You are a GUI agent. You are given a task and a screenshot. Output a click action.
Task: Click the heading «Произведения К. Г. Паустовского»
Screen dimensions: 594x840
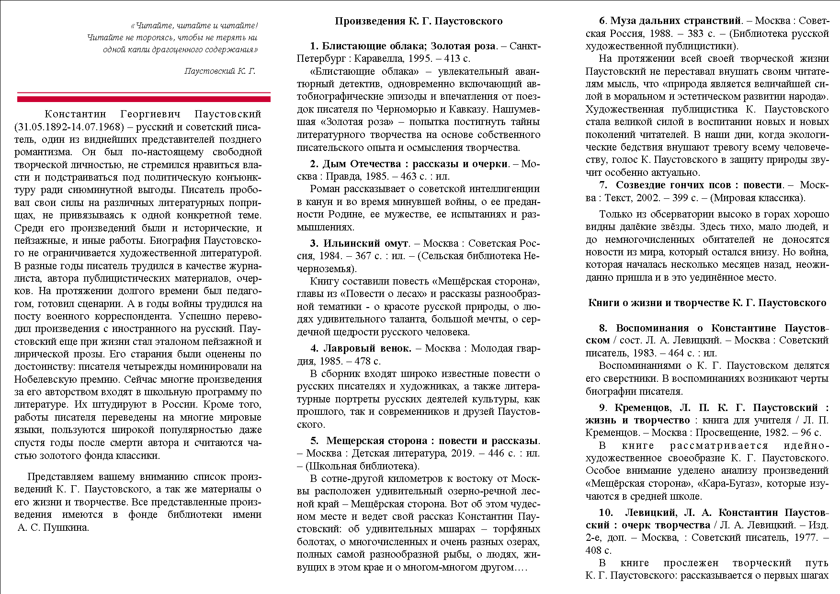point(419,21)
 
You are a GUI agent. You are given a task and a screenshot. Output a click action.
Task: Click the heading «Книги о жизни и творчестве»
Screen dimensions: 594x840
point(707,303)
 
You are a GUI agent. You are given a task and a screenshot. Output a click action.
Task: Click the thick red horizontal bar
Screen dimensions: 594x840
point(144,99)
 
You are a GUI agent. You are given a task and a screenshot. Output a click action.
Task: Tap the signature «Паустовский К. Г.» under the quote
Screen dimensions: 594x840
point(220,71)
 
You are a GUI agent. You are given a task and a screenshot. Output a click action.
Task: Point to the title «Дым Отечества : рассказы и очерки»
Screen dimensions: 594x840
point(415,164)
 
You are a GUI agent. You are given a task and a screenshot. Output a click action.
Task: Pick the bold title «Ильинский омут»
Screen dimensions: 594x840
point(365,243)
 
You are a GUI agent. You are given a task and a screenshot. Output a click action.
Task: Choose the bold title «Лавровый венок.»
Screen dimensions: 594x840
point(367,348)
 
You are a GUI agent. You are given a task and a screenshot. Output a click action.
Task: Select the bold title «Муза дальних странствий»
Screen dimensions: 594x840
point(676,21)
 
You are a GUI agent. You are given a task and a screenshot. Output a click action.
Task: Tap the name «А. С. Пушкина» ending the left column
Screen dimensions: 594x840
point(53,528)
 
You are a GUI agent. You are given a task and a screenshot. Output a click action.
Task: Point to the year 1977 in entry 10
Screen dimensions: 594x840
point(806,538)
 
